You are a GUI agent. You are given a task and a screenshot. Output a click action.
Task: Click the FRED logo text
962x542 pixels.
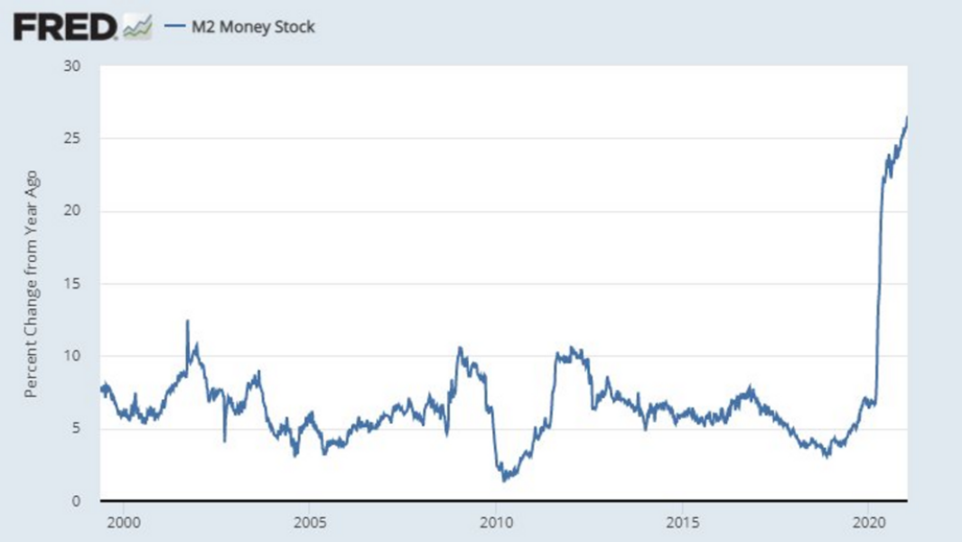coord(64,27)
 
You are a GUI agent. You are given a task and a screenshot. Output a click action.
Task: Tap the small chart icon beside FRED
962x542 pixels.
coord(137,27)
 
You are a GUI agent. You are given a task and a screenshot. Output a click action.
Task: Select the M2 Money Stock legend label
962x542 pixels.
coord(252,27)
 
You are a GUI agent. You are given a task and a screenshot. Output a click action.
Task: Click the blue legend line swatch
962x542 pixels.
coord(174,27)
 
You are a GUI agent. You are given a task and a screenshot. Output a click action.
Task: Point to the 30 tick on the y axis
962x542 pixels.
coord(72,66)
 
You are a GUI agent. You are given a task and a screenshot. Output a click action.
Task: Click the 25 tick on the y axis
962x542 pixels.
coord(72,138)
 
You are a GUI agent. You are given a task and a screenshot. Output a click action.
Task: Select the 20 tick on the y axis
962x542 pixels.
coord(72,211)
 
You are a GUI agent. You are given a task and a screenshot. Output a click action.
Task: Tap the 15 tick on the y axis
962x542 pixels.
coord(73,284)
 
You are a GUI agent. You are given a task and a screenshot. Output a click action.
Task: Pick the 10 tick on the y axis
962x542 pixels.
coord(73,356)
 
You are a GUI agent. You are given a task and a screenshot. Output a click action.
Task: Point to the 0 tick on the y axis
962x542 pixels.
coord(77,500)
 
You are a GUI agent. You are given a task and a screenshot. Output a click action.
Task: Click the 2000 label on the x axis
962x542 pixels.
coord(124,522)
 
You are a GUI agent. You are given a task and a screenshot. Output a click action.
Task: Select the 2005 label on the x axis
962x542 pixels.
coord(310,522)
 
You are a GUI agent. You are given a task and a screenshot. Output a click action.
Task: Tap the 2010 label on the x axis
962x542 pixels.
coord(495,522)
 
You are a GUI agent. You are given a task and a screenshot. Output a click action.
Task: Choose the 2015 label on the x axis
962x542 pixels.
coord(681,522)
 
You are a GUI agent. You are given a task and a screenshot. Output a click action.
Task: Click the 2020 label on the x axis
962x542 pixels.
coord(867,522)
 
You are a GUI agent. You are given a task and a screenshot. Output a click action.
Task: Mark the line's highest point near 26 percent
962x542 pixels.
coord(906,117)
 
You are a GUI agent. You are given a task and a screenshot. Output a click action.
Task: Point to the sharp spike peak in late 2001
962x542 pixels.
coord(187,321)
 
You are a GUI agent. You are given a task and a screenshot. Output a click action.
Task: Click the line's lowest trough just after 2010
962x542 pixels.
coord(504,480)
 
